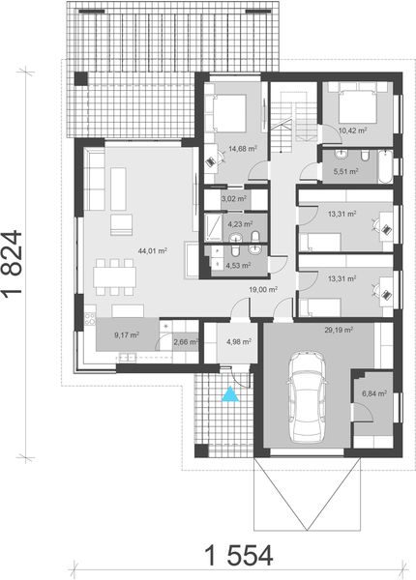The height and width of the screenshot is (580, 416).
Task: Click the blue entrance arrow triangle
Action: tap(229, 393)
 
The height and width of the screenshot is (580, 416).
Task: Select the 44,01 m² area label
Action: tap(153, 249)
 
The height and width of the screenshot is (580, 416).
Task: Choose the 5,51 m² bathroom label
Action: tap(345, 171)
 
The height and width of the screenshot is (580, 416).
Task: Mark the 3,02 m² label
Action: tap(234, 198)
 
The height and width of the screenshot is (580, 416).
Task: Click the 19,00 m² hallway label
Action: tap(264, 288)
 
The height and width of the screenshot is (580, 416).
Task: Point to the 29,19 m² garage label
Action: tap(339, 330)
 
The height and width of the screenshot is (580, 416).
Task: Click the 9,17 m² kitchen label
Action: tap(127, 335)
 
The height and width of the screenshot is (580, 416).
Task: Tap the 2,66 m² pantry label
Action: tap(185, 341)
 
